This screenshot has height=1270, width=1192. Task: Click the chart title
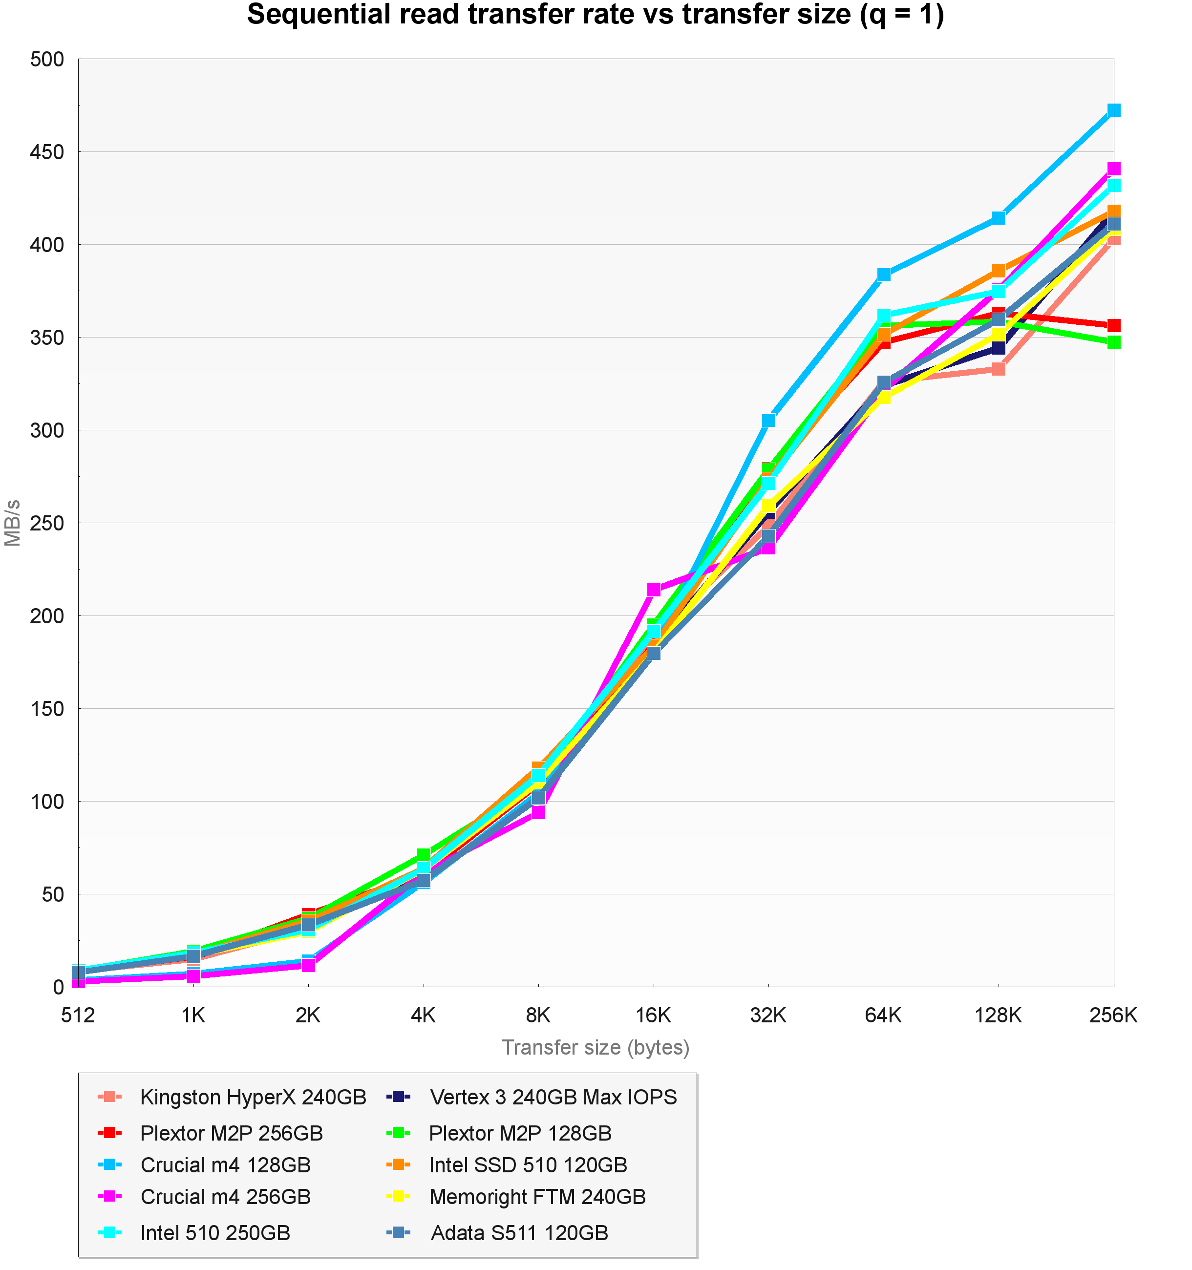tap(596, 15)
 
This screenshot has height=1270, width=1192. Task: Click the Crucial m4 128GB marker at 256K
tap(1113, 110)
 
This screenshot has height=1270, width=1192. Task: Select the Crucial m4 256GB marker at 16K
tap(654, 590)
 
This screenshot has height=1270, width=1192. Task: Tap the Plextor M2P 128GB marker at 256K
tap(1113, 342)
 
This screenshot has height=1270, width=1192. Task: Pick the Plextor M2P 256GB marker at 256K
tap(1113, 326)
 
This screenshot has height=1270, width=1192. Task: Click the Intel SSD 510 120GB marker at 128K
tap(999, 271)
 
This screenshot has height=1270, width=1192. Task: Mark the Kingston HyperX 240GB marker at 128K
tap(999, 369)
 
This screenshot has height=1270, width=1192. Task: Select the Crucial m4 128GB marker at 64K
tap(883, 275)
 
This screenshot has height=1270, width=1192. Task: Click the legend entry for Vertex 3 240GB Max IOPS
tap(553, 1097)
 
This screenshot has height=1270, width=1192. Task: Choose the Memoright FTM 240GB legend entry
tap(536, 1197)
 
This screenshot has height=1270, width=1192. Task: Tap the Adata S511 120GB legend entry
tap(519, 1232)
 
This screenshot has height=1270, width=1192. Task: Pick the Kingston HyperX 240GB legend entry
tap(253, 1097)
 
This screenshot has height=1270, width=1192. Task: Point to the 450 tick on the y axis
tap(47, 152)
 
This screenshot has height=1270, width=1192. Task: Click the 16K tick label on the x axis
tap(654, 1015)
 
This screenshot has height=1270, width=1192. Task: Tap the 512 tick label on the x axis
tap(78, 1015)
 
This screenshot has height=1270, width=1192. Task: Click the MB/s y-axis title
tap(13, 523)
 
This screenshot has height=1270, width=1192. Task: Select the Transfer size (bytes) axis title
tap(596, 1048)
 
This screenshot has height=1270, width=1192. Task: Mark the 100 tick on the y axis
tap(47, 801)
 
